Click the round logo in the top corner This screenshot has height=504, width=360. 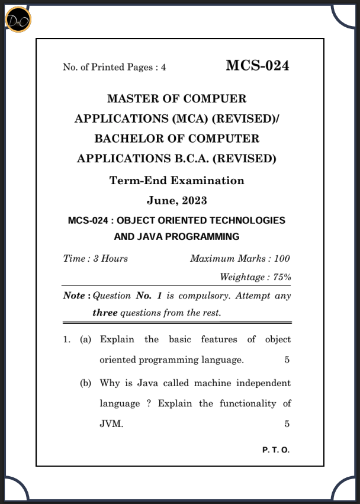click(x=18, y=20)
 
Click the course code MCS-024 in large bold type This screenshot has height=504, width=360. click(x=257, y=66)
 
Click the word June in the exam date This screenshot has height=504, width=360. click(x=159, y=200)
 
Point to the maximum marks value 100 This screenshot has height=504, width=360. click(x=282, y=259)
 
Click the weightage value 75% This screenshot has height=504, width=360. click(x=282, y=277)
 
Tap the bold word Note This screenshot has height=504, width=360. click(x=75, y=295)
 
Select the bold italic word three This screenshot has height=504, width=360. click(x=105, y=313)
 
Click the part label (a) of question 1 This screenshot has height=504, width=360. click(x=86, y=340)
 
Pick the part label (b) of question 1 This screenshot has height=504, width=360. click(x=86, y=383)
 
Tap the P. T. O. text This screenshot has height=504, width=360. click(x=275, y=450)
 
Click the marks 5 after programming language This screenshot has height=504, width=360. click(x=287, y=360)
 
